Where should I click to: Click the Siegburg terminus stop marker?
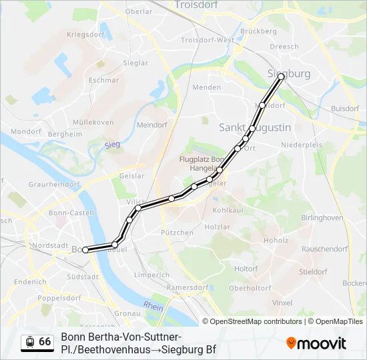[x=281, y=77]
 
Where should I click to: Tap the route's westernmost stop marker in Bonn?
[x=85, y=250]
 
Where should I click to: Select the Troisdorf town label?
[x=198, y=5]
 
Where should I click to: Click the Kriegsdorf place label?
[x=86, y=34]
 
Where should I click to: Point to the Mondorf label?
[x=26, y=131]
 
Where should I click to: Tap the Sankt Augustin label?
[x=255, y=127]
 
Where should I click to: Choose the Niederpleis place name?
[x=302, y=144]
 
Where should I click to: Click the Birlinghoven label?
[x=322, y=218]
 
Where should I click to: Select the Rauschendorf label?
[x=325, y=249]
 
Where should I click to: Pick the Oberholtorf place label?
[x=250, y=288]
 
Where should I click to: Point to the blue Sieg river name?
[x=111, y=144]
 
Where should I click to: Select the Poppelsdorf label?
[x=59, y=298]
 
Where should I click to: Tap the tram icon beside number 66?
[x=29, y=342]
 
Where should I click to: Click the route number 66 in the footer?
[x=45, y=342]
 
